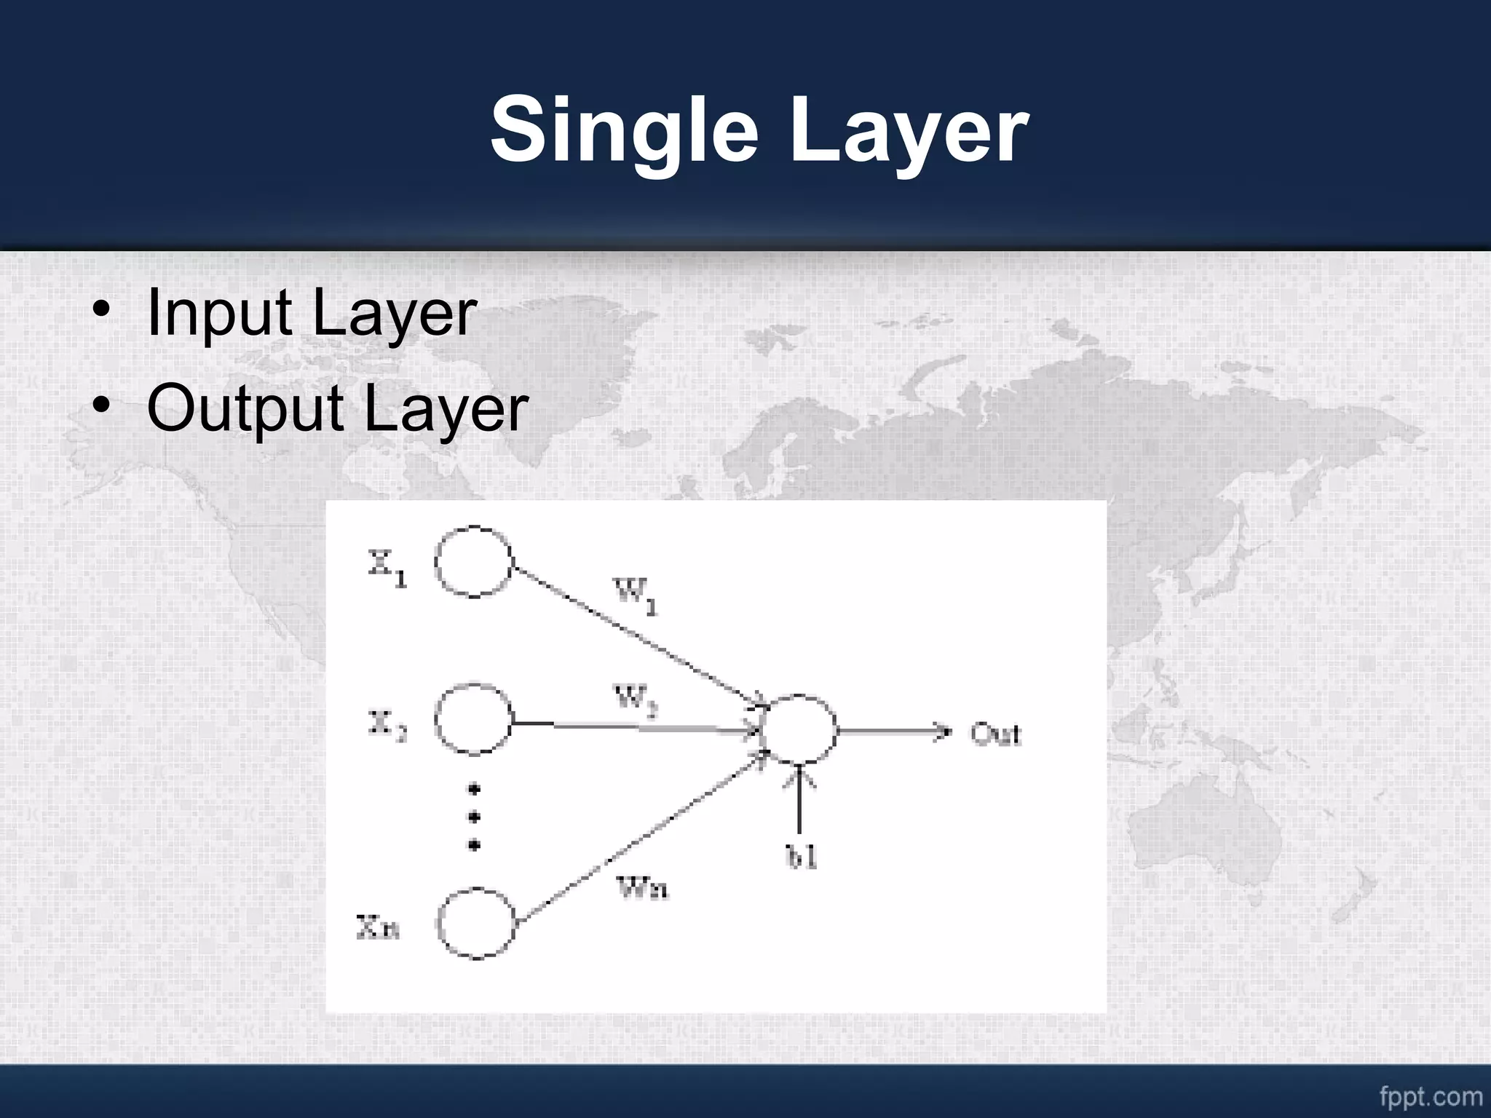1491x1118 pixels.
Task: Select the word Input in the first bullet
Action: (219, 313)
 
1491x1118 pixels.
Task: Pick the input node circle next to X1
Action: (474, 561)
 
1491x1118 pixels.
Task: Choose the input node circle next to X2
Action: (473, 720)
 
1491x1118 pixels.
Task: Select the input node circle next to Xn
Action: (476, 923)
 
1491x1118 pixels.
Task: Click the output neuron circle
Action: (799, 729)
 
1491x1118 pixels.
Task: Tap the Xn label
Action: (378, 927)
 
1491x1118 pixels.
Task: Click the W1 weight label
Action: (636, 595)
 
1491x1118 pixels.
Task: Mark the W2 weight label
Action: (635, 700)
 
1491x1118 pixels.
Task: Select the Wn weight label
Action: (642, 887)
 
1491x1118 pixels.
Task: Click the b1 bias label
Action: (802, 857)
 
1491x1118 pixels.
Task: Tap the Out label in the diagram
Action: (995, 734)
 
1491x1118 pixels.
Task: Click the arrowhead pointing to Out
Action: (944, 731)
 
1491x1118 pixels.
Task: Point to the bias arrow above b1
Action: (799, 801)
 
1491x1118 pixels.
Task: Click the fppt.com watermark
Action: (1431, 1095)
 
